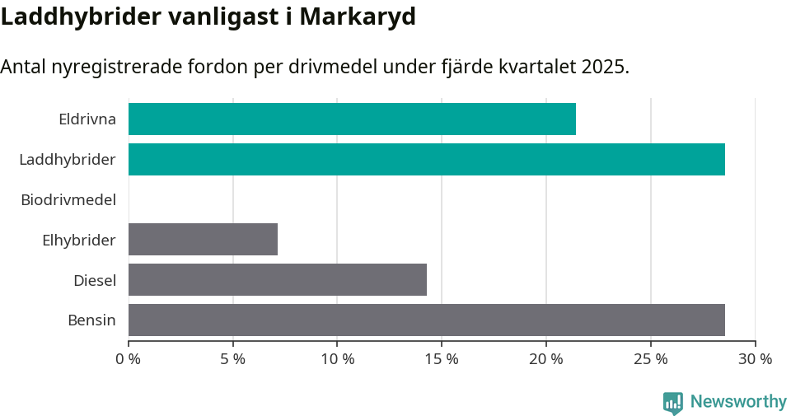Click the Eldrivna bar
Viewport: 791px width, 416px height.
(352, 119)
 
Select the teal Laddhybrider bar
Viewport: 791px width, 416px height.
(427, 159)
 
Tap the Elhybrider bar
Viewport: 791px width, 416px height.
(203, 239)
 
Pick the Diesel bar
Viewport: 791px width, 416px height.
(278, 279)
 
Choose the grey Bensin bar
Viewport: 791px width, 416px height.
(427, 320)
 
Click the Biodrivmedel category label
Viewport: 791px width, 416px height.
(68, 199)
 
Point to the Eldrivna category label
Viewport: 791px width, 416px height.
(87, 119)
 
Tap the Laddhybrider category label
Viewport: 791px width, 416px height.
(68, 159)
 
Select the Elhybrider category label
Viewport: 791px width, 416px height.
(79, 240)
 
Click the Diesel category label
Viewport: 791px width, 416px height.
(95, 280)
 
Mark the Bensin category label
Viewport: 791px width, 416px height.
(91, 320)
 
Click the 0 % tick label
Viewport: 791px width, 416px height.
(129, 359)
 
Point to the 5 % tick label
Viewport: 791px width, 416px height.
(233, 359)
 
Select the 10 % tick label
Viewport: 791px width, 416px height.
(337, 359)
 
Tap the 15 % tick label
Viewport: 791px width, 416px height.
(442, 359)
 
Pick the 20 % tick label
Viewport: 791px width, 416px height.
(546, 359)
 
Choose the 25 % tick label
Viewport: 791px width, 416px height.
(651, 359)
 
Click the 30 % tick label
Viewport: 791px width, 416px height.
(755, 359)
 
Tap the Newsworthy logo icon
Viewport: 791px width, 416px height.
(673, 403)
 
